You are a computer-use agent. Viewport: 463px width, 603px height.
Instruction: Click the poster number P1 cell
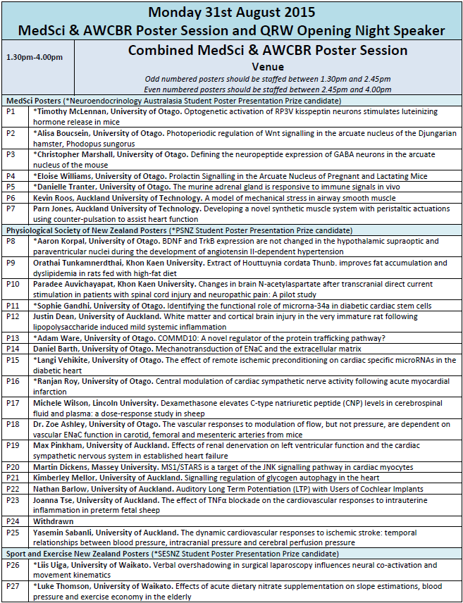pyautogui.click(x=11, y=112)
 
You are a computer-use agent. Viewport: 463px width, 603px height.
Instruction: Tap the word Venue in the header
pyautogui.click(x=267, y=67)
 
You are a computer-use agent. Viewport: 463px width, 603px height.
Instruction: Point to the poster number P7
pyautogui.click(x=11, y=209)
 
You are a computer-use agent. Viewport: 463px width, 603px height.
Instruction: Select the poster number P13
pyautogui.click(x=13, y=338)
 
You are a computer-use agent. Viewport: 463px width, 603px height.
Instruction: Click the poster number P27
pyautogui.click(x=13, y=586)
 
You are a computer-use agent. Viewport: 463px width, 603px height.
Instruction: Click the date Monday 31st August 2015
pyautogui.click(x=231, y=12)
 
